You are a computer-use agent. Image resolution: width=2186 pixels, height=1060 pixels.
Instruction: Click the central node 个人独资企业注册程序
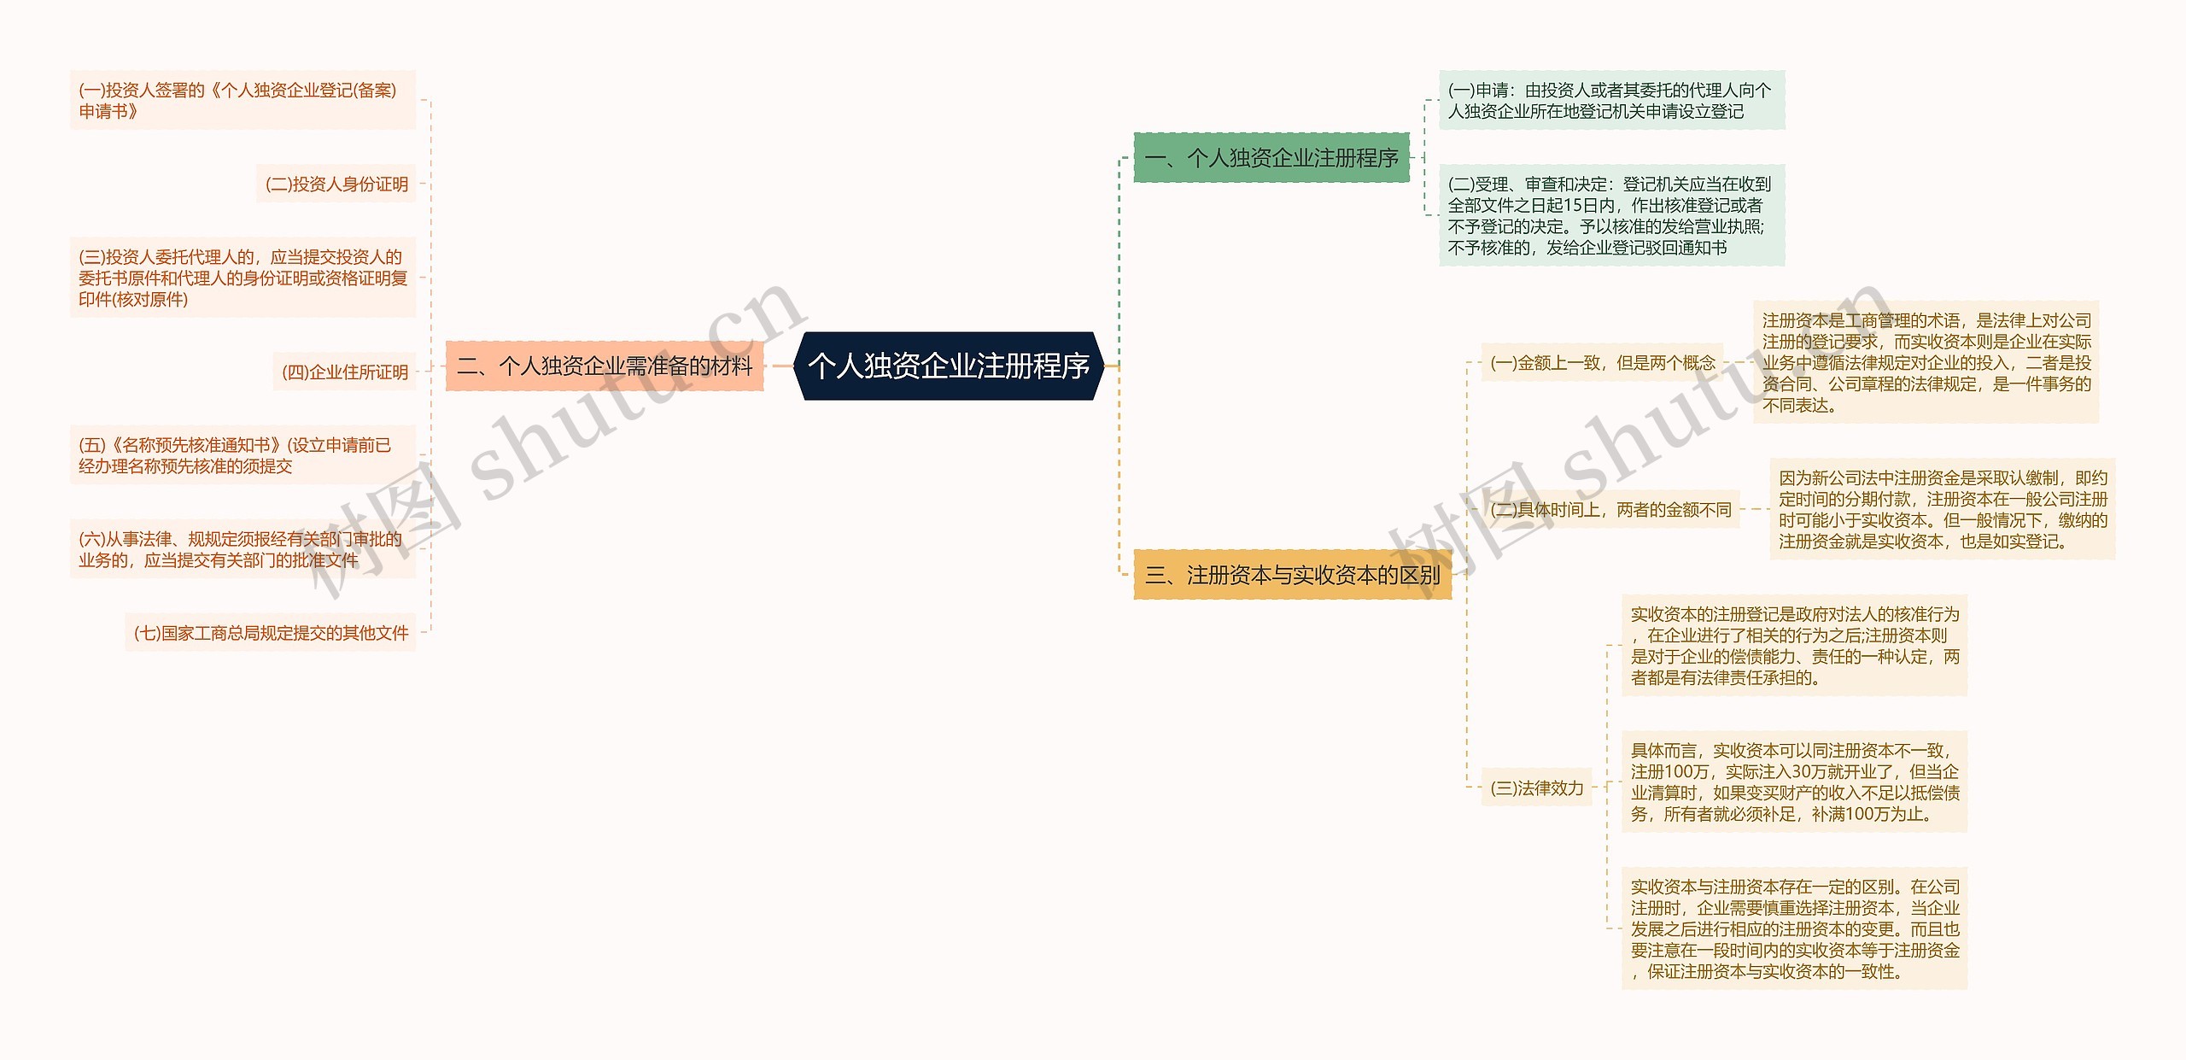pyautogui.click(x=948, y=366)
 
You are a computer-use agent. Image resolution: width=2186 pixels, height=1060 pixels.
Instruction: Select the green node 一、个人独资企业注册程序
pyautogui.click(x=1271, y=158)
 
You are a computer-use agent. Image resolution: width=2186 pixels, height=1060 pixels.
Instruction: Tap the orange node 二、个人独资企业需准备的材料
pyautogui.click(x=604, y=366)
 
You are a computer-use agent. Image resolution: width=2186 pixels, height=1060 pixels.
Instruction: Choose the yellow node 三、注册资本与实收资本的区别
pyautogui.click(x=1291, y=575)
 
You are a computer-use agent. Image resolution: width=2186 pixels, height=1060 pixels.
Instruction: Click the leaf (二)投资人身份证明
pyautogui.click(x=336, y=184)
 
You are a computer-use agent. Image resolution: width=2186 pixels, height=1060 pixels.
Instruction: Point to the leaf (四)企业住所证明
pyautogui.click(x=345, y=372)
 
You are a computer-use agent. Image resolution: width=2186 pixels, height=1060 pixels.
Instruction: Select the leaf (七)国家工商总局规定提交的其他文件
pyautogui.click(x=271, y=633)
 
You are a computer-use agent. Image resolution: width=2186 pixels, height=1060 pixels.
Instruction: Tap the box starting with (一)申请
pyautogui.click(x=1610, y=101)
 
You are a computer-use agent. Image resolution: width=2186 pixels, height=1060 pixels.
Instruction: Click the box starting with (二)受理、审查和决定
pyautogui.click(x=1610, y=216)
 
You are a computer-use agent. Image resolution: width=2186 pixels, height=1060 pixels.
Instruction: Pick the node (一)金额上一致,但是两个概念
pyautogui.click(x=1602, y=363)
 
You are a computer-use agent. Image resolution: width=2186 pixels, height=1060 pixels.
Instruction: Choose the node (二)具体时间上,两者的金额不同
pyautogui.click(x=1610, y=510)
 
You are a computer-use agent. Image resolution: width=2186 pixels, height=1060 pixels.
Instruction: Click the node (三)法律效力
pyautogui.click(x=1536, y=788)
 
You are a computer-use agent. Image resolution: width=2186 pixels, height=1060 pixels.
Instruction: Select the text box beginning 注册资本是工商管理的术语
pyautogui.click(x=1926, y=363)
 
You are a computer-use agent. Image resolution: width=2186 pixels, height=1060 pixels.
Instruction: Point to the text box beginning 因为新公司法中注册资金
pyautogui.click(x=1943, y=510)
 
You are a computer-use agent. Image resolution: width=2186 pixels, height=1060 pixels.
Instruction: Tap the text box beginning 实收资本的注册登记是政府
pyautogui.click(x=1794, y=646)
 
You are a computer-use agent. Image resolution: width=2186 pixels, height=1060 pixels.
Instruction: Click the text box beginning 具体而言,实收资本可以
pyautogui.click(x=1794, y=782)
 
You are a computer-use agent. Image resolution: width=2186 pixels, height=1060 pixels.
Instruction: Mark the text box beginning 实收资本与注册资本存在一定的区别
pyautogui.click(x=1794, y=929)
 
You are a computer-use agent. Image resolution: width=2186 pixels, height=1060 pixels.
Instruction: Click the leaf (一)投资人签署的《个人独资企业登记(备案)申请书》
pyautogui.click(x=243, y=101)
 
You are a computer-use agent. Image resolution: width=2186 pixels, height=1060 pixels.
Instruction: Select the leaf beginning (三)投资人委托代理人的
pyautogui.click(x=243, y=278)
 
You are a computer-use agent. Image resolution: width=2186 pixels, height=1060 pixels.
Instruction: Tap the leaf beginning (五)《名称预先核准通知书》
pyautogui.click(x=243, y=455)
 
